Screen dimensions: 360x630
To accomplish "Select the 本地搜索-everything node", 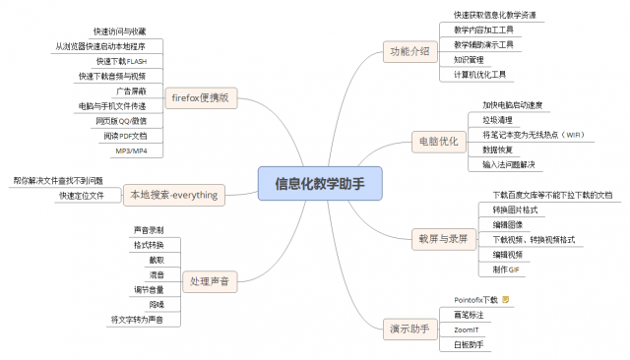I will point(174,195).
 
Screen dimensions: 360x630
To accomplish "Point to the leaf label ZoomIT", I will point(467,330).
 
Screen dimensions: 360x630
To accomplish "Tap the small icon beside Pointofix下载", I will point(506,298).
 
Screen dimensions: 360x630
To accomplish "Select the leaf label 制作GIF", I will point(506,270).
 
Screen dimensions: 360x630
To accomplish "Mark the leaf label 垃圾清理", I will point(498,119).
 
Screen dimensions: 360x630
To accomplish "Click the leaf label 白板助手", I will point(469,344).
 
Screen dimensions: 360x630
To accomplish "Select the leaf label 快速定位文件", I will point(82,196).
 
